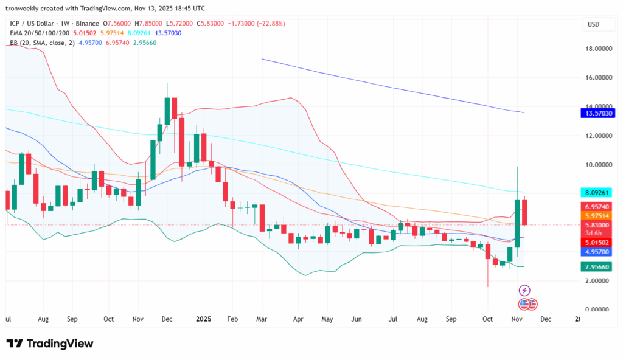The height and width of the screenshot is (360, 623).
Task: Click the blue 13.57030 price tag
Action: pos(599,114)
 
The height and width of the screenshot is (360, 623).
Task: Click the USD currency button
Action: pos(593,24)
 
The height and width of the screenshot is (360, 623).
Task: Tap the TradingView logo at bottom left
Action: pos(50,344)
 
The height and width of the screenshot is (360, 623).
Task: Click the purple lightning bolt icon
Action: pos(524,291)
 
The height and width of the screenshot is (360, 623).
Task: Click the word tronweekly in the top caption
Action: pos(23,9)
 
